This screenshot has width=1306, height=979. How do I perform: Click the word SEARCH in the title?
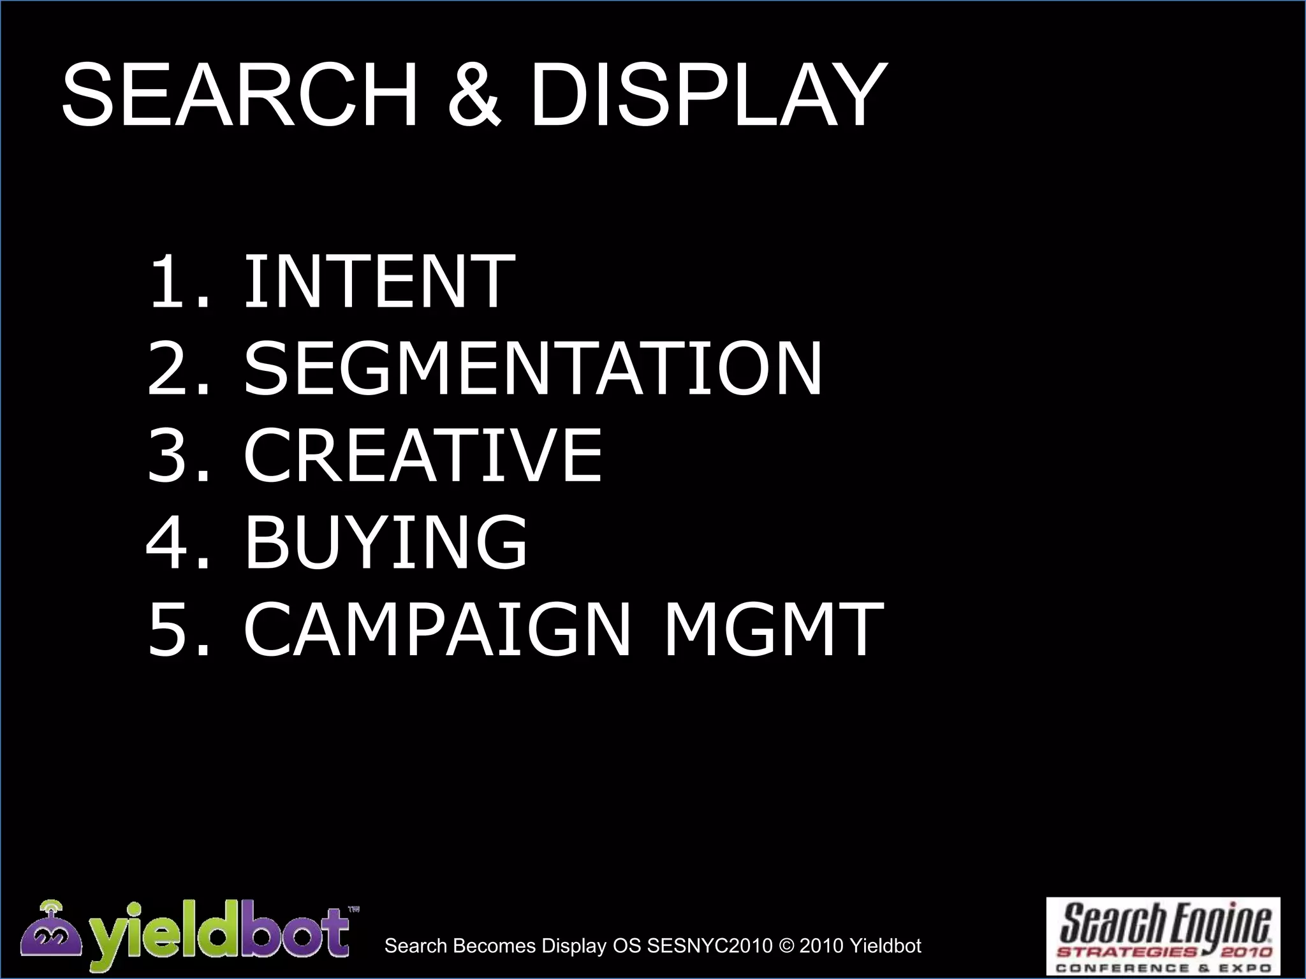coord(239,96)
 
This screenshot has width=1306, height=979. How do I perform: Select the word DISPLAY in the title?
coord(708,96)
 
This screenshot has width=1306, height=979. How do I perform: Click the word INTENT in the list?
coord(379,281)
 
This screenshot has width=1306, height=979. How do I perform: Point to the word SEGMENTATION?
coord(533,368)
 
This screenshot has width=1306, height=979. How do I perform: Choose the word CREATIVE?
coord(423,455)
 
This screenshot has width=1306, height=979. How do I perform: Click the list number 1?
coord(171,281)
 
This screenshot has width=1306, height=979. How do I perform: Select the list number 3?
coord(171,455)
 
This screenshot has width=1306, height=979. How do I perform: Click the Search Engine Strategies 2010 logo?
coord(1163,936)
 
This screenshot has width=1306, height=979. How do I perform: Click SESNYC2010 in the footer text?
coord(709,946)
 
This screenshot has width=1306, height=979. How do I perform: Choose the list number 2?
coord(171,368)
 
